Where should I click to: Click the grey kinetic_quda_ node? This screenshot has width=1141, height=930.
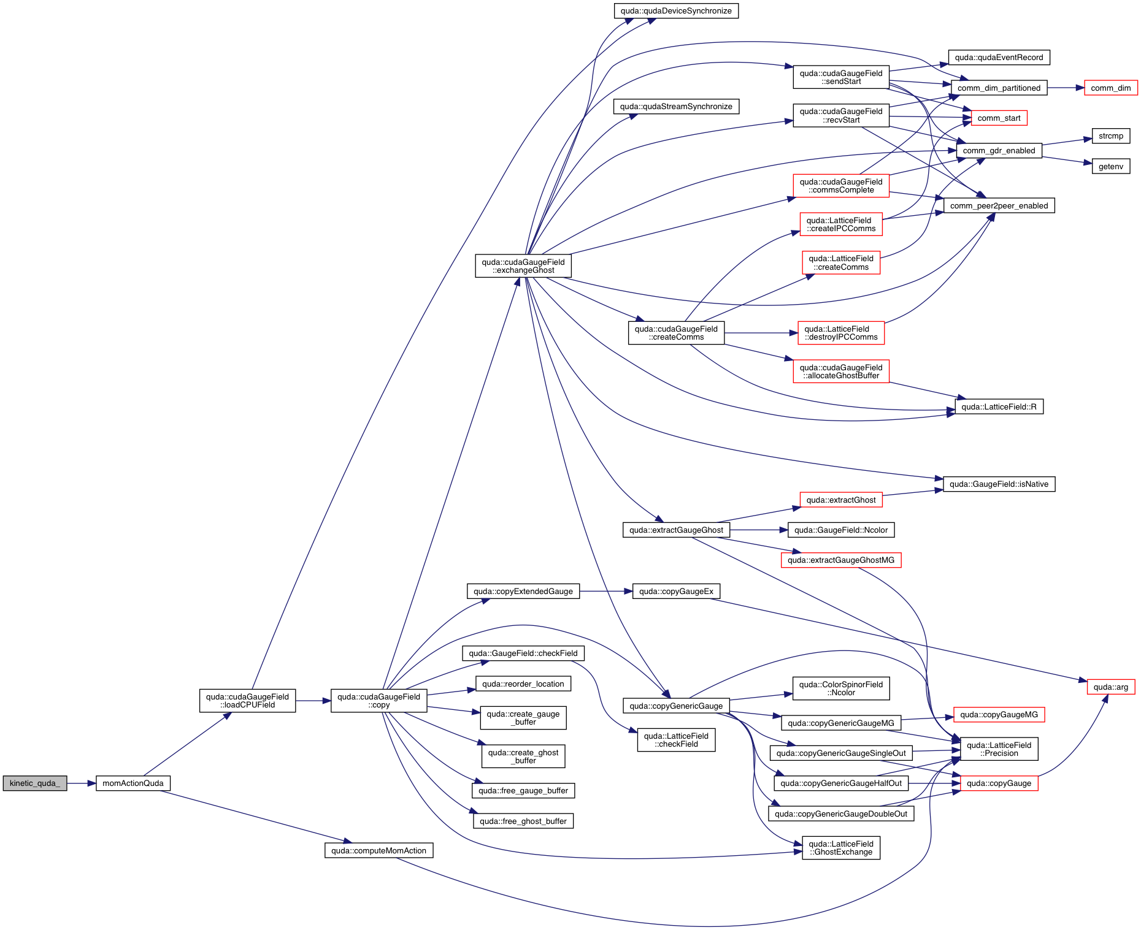[35, 783]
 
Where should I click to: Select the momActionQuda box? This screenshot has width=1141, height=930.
[133, 783]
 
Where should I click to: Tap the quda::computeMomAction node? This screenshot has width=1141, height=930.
[378, 850]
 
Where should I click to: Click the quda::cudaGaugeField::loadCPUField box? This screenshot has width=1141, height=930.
[247, 701]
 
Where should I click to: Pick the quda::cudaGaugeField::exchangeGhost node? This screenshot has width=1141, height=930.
[523, 266]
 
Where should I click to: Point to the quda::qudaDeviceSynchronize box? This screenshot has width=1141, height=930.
[676, 11]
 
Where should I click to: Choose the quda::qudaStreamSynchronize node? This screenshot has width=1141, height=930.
[676, 107]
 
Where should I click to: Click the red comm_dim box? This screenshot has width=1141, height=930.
[1110, 88]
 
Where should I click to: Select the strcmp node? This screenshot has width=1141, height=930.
[1110, 136]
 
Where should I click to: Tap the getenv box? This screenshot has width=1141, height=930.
[1110, 166]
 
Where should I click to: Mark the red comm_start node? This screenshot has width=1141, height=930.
[999, 118]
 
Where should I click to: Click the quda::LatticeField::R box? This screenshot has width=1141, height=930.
[999, 406]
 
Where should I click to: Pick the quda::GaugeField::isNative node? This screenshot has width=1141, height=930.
[999, 484]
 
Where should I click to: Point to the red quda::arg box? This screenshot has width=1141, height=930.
[1110, 687]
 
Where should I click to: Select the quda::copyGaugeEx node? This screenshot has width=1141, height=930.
[676, 591]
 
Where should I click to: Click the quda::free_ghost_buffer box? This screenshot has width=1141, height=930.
[523, 821]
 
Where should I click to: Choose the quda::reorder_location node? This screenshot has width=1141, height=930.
[523, 684]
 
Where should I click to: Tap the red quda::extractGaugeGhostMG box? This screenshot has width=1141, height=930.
[841, 560]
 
